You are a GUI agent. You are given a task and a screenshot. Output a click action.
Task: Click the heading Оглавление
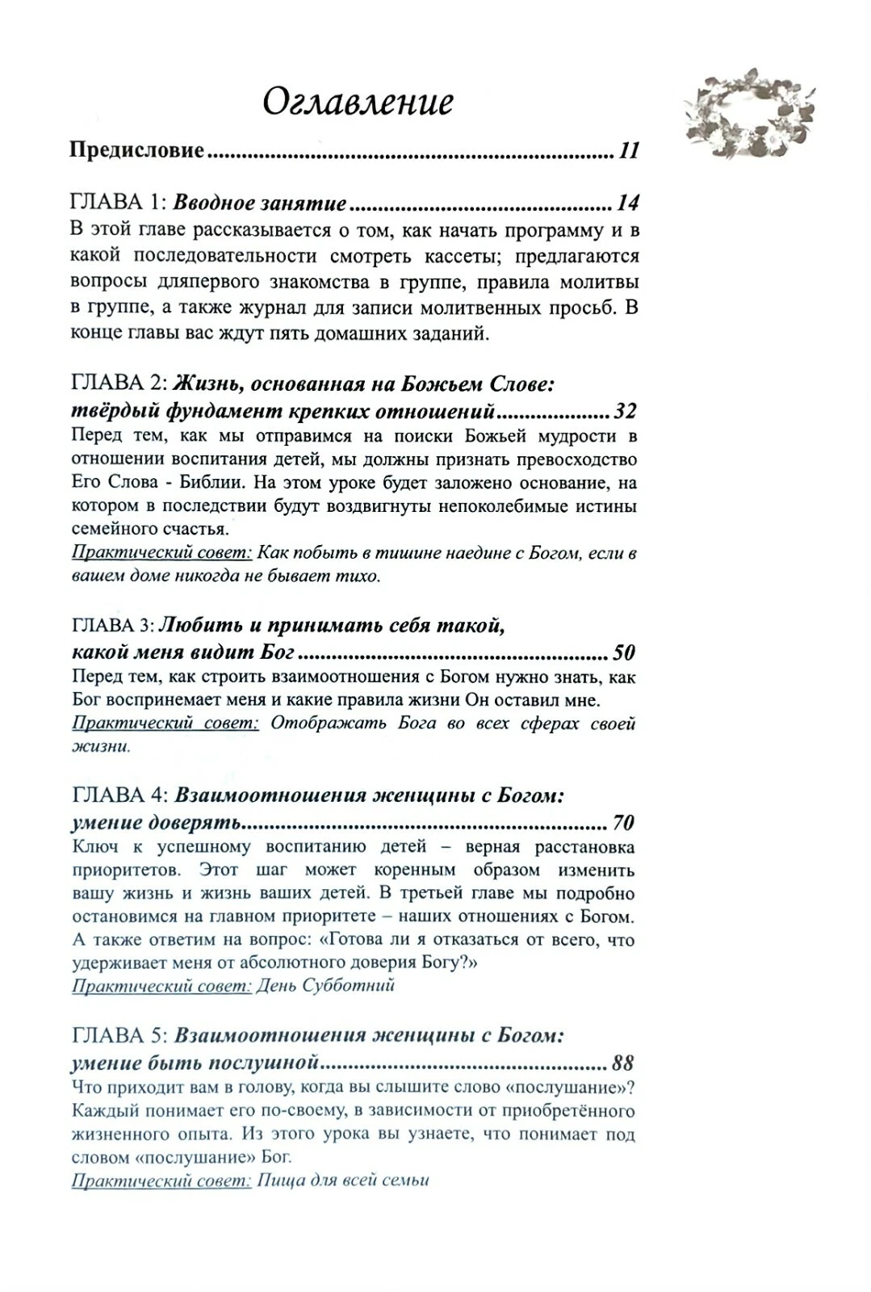pyautogui.click(x=358, y=103)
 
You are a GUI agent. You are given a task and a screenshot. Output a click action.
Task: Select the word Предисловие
pyautogui.click(x=137, y=151)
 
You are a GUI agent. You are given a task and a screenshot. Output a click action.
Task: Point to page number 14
pyautogui.click(x=627, y=203)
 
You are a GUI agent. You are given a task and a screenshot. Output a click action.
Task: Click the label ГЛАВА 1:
pyautogui.click(x=119, y=203)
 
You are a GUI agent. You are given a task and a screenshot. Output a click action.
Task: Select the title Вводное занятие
pyautogui.click(x=260, y=203)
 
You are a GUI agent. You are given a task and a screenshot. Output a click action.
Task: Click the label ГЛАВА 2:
pyautogui.click(x=119, y=384)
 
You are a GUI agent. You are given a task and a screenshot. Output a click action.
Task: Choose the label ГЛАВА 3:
pyautogui.click(x=112, y=626)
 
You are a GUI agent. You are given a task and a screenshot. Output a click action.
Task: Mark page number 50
pyautogui.click(x=624, y=652)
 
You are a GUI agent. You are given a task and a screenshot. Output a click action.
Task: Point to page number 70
pyautogui.click(x=624, y=823)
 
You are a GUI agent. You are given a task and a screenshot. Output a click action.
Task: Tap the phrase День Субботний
pyautogui.click(x=325, y=985)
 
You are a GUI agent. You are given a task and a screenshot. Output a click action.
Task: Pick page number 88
pyautogui.click(x=622, y=1062)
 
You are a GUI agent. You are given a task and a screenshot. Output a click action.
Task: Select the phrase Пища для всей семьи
pyautogui.click(x=342, y=1180)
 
